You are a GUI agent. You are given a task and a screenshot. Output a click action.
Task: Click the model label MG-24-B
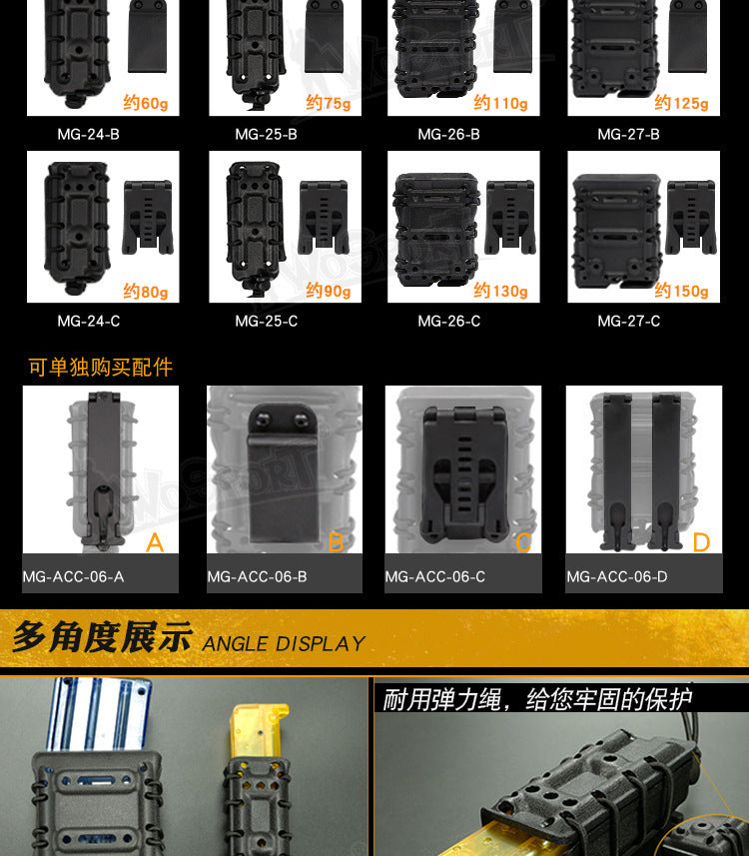[x=89, y=134]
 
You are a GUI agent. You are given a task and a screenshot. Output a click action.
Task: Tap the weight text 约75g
[x=329, y=103]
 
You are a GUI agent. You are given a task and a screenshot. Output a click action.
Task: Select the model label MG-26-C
[x=449, y=321]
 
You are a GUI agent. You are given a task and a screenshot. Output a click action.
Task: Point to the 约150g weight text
[x=681, y=291]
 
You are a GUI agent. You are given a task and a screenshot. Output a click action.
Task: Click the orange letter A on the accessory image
[x=155, y=542]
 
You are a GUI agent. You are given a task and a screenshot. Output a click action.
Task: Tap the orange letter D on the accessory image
[x=701, y=542]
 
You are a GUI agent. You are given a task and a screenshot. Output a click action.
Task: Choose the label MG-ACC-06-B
[x=257, y=576]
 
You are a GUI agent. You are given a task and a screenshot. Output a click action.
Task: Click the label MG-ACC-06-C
[x=435, y=576]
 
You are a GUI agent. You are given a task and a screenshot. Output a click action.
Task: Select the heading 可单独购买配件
[x=101, y=367]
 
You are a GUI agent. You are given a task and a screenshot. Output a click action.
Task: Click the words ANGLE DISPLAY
[x=284, y=643]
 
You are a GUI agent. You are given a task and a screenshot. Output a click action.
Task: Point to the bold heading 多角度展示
[x=102, y=636]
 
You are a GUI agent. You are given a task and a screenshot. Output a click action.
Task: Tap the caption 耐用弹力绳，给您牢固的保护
[x=537, y=699]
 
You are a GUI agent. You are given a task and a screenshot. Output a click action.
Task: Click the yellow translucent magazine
[x=259, y=731]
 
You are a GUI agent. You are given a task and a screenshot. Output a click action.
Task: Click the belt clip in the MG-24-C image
[x=148, y=218]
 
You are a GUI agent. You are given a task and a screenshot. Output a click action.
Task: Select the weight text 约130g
[x=500, y=291]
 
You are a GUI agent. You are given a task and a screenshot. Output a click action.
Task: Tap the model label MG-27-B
[x=628, y=134]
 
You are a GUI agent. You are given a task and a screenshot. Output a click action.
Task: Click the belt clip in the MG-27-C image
[x=691, y=218]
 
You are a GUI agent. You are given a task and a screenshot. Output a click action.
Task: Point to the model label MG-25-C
[x=267, y=321]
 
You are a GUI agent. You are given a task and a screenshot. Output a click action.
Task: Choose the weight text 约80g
[x=145, y=291]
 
